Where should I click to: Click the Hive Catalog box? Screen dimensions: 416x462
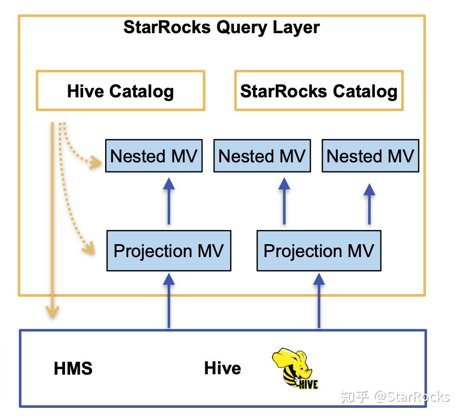coord(120,91)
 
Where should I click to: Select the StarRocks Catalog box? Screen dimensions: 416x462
coord(318,91)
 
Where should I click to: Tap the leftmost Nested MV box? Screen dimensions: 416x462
coord(154,156)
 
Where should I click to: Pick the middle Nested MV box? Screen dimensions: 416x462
coord(262,156)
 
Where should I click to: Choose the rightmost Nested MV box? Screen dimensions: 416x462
coord(370,156)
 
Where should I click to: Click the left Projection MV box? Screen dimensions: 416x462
coord(169,251)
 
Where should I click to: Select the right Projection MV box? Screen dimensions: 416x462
coord(318,251)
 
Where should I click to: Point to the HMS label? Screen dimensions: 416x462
coord(73,369)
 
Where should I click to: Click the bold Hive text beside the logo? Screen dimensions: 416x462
coord(222,368)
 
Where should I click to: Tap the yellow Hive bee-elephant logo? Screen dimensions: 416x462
coord(294,368)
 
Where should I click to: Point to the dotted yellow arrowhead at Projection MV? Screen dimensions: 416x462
coord(89,248)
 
